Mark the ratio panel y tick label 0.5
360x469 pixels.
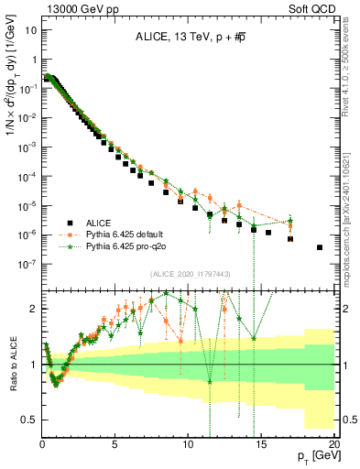click(28, 420)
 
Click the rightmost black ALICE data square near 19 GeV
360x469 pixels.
click(320, 247)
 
